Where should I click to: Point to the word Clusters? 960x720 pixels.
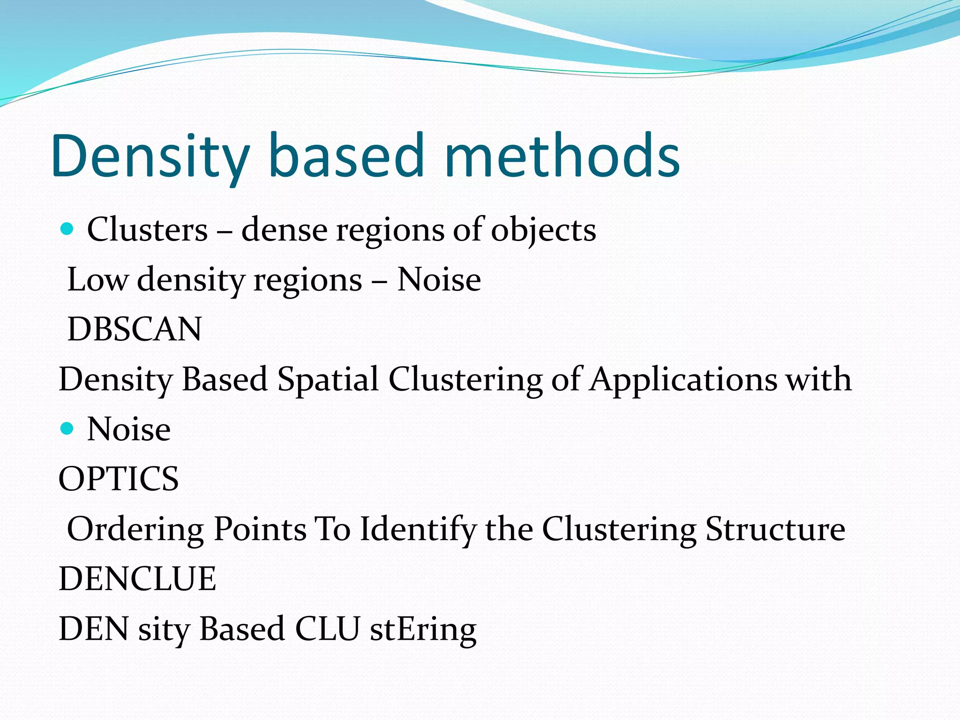click(147, 230)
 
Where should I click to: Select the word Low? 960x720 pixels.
click(97, 280)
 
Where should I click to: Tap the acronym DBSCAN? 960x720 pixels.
click(135, 329)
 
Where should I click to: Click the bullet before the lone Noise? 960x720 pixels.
click(67, 428)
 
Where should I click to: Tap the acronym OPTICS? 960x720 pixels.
click(119, 479)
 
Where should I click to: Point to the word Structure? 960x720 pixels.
click(775, 529)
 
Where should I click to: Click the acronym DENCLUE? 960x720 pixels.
click(137, 578)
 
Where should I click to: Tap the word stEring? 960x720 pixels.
click(423, 630)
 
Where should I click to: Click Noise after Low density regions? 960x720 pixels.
click(439, 280)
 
